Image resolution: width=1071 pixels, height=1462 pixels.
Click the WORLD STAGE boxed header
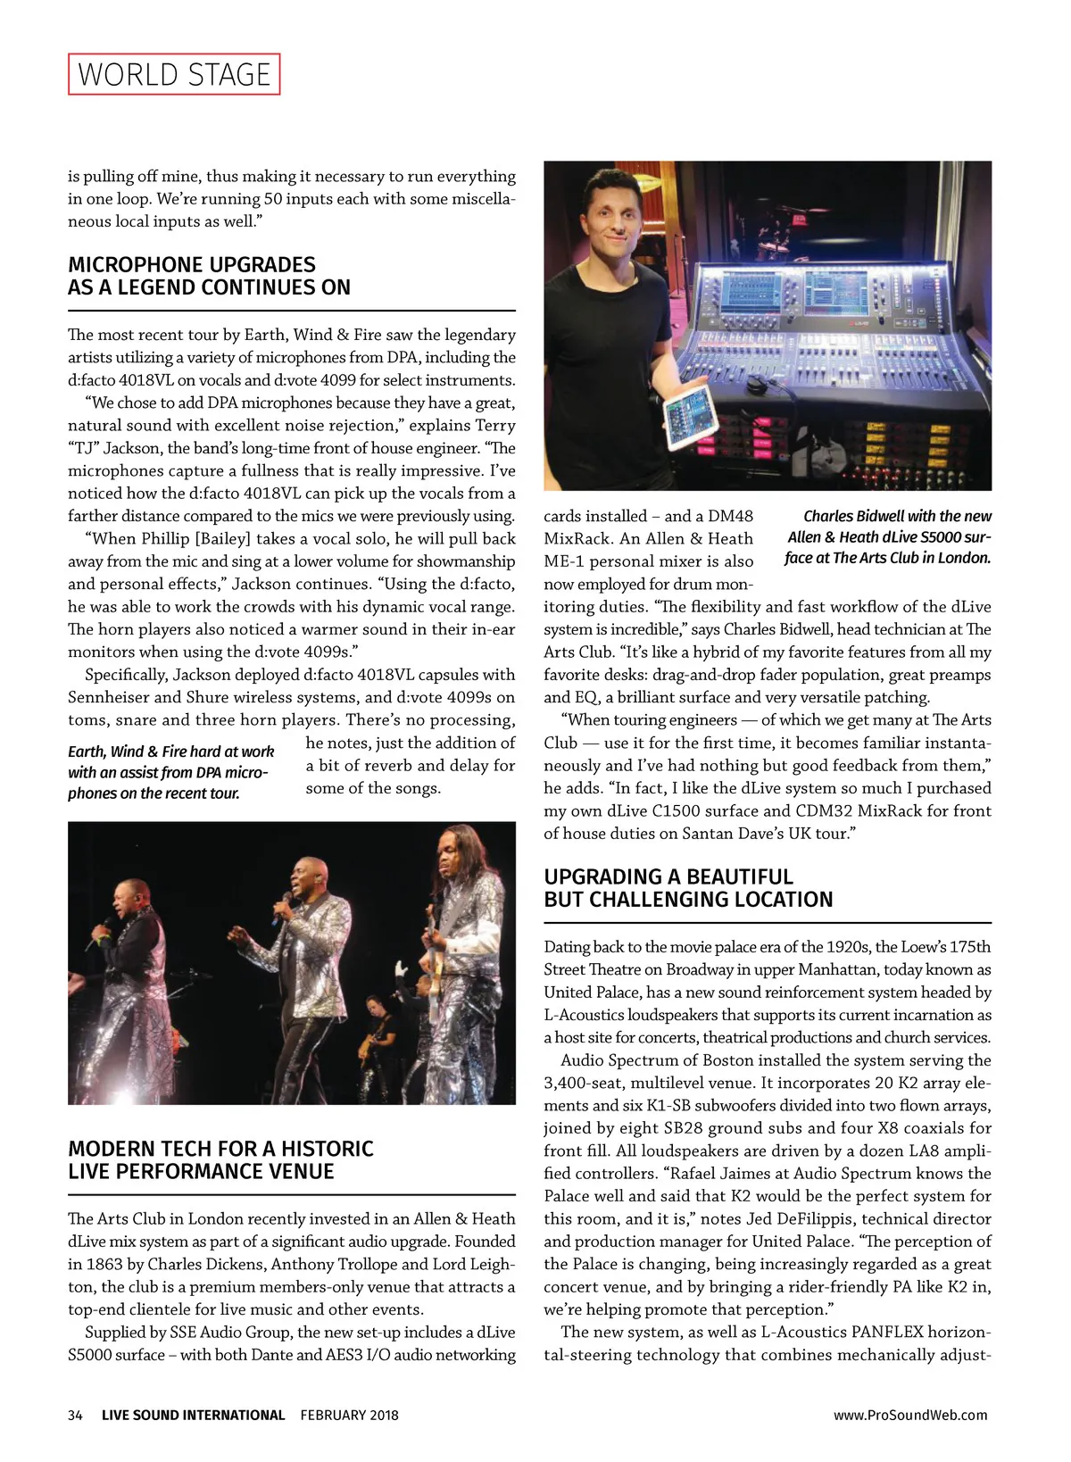[x=174, y=74]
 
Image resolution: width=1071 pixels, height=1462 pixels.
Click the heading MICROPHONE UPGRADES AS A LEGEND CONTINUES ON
[x=209, y=276]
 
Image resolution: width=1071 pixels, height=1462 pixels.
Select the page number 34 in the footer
[x=75, y=1415]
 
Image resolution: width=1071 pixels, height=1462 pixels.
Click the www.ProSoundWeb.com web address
[x=910, y=1415]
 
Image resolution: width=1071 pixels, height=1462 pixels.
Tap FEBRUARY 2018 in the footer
[x=349, y=1415]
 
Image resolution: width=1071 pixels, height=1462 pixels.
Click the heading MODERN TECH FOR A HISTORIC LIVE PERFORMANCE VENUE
[x=220, y=1159]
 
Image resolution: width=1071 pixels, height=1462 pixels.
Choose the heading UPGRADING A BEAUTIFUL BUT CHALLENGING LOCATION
[x=688, y=888]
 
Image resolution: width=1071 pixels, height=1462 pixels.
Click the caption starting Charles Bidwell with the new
[x=888, y=537]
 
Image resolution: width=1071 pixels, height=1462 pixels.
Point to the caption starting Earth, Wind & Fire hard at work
[x=171, y=772]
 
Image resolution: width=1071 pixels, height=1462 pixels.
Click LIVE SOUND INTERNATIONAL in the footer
[x=193, y=1415]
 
